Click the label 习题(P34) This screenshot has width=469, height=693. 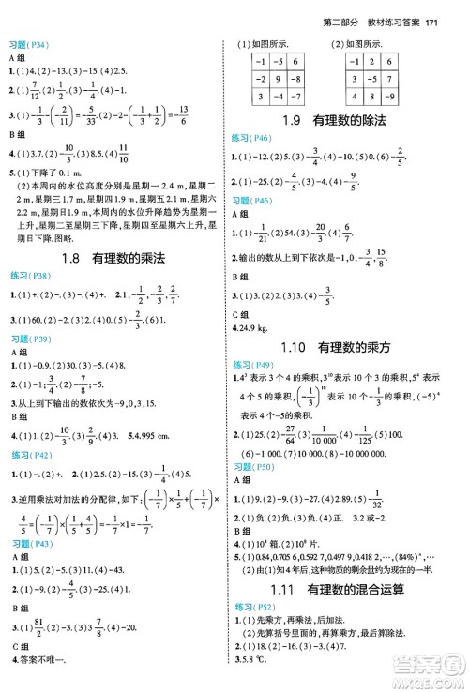(x=28, y=45)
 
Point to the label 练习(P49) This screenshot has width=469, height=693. (x=253, y=364)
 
